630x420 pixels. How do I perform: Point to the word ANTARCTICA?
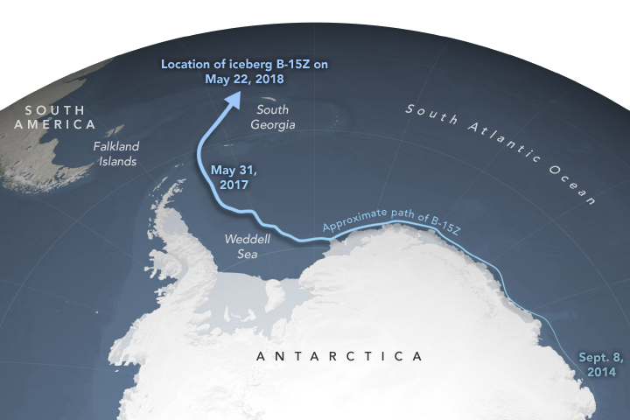pyautogui.click(x=339, y=356)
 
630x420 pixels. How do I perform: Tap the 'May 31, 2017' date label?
pyautogui.click(x=230, y=178)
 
